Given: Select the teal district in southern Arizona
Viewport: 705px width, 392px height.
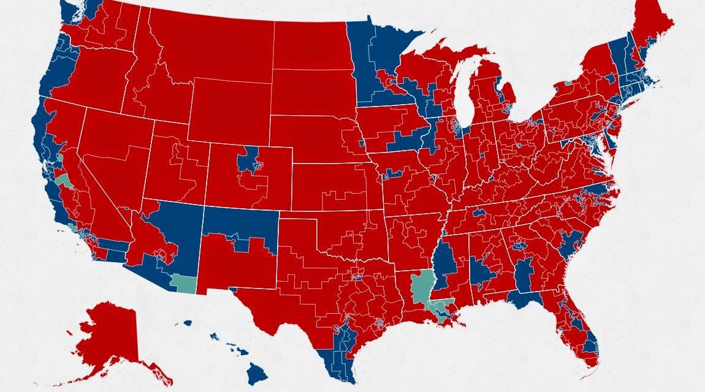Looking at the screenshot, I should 183,283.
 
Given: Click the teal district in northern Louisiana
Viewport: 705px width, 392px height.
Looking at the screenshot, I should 421,285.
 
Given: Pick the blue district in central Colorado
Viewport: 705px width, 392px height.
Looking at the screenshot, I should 249,159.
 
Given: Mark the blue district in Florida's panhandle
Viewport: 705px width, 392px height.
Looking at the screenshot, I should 524,300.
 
